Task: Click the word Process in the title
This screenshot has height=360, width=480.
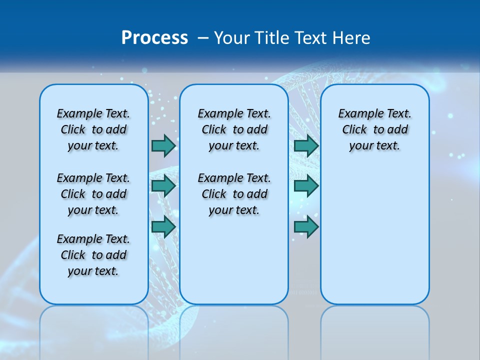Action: [x=154, y=37]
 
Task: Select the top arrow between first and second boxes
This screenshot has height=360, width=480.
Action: [x=163, y=145]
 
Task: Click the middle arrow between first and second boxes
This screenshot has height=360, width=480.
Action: [x=163, y=186]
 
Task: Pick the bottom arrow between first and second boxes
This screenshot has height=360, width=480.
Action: [x=163, y=227]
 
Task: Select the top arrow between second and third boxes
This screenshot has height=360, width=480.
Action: [x=306, y=145]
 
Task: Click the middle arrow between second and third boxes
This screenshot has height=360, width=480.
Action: [x=306, y=186]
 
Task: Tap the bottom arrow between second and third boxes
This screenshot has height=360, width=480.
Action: [x=306, y=227]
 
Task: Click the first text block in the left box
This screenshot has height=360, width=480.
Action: [x=93, y=129]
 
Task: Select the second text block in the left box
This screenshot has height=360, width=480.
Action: [x=93, y=194]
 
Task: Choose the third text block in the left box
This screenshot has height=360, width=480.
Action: [x=93, y=255]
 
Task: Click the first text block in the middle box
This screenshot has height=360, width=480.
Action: [x=234, y=129]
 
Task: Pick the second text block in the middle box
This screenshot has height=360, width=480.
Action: [x=234, y=194]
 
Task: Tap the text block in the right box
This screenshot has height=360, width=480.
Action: [x=375, y=129]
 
